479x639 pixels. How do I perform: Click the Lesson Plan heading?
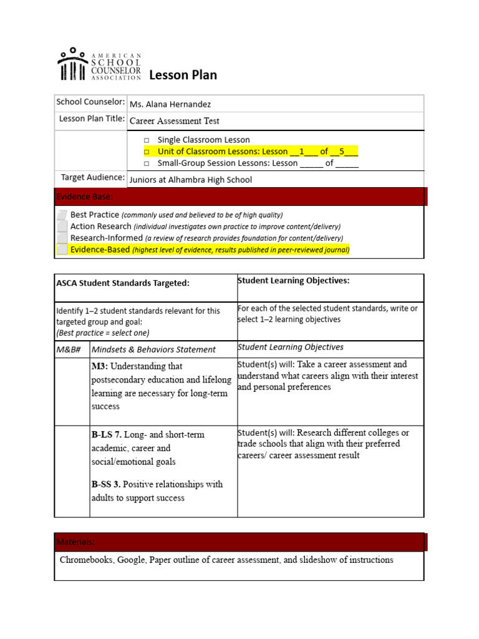coord(183,75)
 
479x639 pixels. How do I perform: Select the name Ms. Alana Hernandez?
coord(170,104)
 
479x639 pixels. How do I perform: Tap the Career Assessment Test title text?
coord(174,121)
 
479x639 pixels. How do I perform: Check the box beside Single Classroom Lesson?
coord(146,140)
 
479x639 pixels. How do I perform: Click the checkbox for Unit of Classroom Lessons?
coord(146,152)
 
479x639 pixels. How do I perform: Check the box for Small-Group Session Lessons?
coord(146,163)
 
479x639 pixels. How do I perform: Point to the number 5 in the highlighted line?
coord(342,152)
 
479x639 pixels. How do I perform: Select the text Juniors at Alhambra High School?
coord(190,180)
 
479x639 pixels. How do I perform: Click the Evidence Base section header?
coord(84,197)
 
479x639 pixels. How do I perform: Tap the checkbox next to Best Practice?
coord(62,215)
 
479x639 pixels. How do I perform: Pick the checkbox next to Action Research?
coord(62,226)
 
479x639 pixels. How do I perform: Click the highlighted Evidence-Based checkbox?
coord(62,250)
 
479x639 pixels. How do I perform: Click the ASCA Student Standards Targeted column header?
coord(122,283)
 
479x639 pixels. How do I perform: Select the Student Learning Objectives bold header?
coord(293,281)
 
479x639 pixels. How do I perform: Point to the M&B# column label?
coord(69,349)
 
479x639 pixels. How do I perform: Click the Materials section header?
coord(75,542)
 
